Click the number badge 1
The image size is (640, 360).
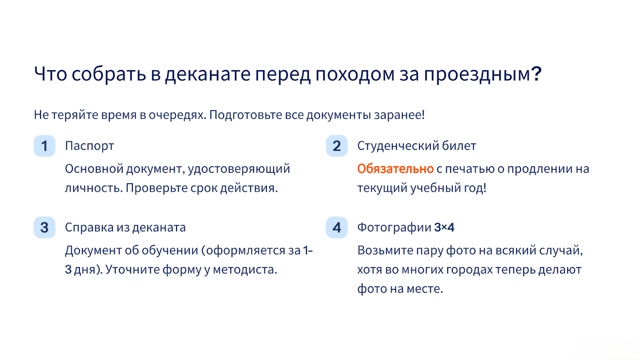point(44,146)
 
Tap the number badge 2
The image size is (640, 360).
point(336,146)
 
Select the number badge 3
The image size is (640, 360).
point(44,228)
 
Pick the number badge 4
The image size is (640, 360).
point(336,228)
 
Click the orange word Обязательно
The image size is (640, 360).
point(396,169)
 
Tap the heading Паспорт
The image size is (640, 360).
point(90,146)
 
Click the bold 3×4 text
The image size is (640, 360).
point(444,228)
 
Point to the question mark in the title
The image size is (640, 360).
point(536,74)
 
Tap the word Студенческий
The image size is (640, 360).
point(398,146)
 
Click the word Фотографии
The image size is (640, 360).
point(394,228)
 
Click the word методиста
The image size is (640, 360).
point(245,270)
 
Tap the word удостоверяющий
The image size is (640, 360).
point(239,169)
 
